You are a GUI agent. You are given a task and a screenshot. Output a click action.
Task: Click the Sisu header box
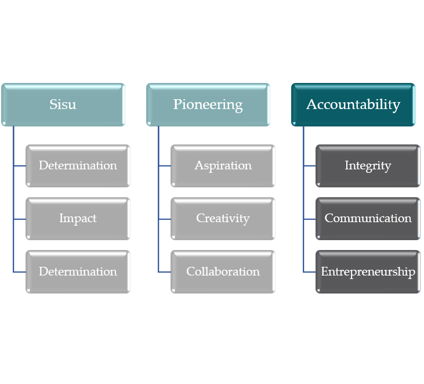point(63,104)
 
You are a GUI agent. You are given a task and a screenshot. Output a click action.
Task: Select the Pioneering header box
point(208,104)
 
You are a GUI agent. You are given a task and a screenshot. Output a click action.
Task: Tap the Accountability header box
point(353,104)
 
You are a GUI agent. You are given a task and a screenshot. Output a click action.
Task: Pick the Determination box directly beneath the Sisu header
point(78,166)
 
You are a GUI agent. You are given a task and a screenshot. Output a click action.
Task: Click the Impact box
point(78,219)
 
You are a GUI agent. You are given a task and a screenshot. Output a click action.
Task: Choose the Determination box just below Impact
point(78,271)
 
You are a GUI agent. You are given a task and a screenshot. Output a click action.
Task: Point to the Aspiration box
point(223,166)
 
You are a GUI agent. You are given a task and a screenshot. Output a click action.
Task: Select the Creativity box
point(223,219)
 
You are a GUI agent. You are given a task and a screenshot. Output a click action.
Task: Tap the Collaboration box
point(223,271)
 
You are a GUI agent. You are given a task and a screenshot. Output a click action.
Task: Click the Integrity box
point(368,166)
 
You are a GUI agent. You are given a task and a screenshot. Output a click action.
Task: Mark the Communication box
point(368,219)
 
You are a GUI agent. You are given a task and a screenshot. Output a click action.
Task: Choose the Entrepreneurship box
point(368,271)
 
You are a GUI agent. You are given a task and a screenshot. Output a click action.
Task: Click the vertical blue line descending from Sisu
point(13,191)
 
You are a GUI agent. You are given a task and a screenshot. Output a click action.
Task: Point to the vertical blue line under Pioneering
point(158,191)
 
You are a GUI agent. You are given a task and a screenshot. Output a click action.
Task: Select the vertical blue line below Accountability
point(303,191)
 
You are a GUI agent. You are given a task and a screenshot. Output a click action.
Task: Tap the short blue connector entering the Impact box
point(20,219)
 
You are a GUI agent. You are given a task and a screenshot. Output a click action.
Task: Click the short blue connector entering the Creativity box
point(165,219)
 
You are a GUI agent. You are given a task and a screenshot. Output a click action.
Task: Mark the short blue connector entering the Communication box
point(310,219)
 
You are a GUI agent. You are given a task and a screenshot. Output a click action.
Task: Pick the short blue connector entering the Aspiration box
point(165,166)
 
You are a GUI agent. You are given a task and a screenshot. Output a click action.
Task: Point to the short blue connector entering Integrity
point(310,166)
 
